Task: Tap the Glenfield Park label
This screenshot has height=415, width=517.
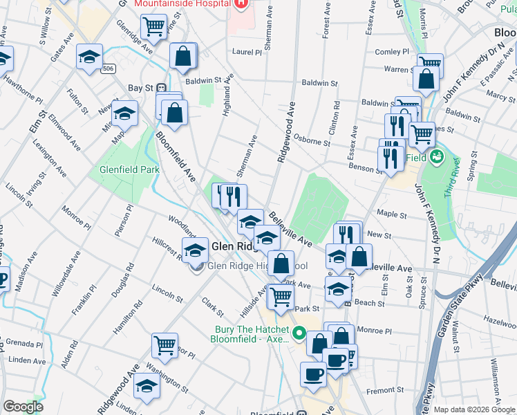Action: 129,169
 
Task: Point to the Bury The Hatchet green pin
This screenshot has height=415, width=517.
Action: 299,333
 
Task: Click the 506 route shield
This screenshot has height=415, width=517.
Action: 108,68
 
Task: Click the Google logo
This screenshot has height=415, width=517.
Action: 23,407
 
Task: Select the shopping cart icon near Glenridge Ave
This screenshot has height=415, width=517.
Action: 153,26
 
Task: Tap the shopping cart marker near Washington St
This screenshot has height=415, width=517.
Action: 164,344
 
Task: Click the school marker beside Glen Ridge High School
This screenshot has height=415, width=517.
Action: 196,250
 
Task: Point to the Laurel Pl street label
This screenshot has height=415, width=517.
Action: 247,52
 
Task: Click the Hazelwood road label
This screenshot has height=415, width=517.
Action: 500,322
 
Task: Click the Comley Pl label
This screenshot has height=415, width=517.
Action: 393,52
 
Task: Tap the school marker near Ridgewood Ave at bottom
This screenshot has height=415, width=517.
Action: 147,387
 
